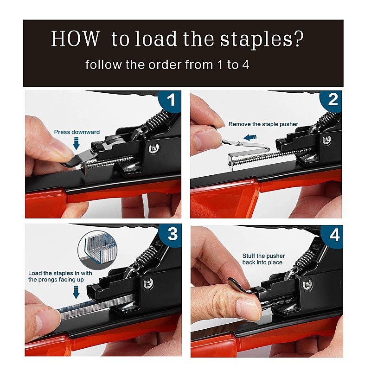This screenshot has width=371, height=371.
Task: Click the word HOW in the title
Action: tap(76, 38)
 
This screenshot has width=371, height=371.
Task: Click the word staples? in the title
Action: tap(262, 39)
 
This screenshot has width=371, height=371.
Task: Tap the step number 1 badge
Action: tap(170, 100)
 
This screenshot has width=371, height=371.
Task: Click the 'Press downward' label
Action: tap(77, 132)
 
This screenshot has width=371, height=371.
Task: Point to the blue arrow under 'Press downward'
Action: tap(76, 144)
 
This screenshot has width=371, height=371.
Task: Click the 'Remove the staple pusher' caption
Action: tap(263, 124)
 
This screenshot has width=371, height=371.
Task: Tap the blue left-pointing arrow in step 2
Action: tap(250, 137)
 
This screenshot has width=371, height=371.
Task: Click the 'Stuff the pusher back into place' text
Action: tap(263, 259)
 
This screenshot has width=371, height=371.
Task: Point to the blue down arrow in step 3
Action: tap(76, 292)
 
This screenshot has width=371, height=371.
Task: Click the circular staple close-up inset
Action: tap(97, 250)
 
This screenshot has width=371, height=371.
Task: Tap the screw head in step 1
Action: tap(154, 148)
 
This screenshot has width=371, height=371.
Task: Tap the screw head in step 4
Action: tap(307, 285)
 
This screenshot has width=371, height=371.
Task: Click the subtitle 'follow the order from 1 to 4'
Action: tap(167, 64)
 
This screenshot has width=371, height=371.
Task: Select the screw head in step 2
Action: tap(326, 140)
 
